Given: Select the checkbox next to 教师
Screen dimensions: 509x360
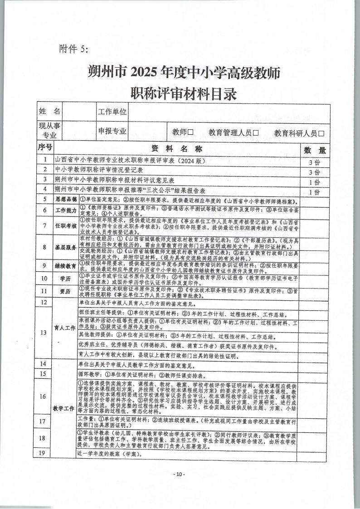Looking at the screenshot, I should (191, 132).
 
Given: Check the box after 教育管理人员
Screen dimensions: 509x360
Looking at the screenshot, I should (255, 133).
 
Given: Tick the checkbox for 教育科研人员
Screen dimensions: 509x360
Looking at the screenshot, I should (321, 133).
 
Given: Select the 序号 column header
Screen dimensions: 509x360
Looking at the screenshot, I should (45, 148).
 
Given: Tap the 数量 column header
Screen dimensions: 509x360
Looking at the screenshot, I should (314, 150).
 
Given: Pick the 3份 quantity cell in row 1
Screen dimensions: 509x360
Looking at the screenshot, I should (314, 162).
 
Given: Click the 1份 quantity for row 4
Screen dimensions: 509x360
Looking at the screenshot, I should (314, 192).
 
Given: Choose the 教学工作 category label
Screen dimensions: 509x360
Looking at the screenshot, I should (64, 408).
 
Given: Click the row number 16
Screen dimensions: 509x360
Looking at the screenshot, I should (44, 396).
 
